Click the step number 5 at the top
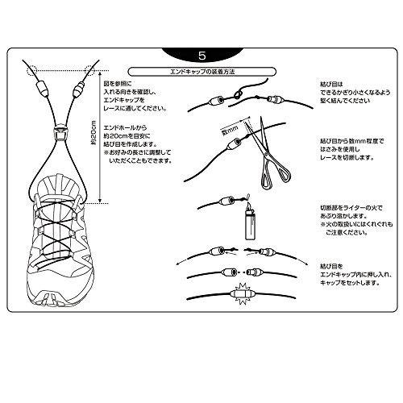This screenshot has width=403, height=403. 201,57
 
